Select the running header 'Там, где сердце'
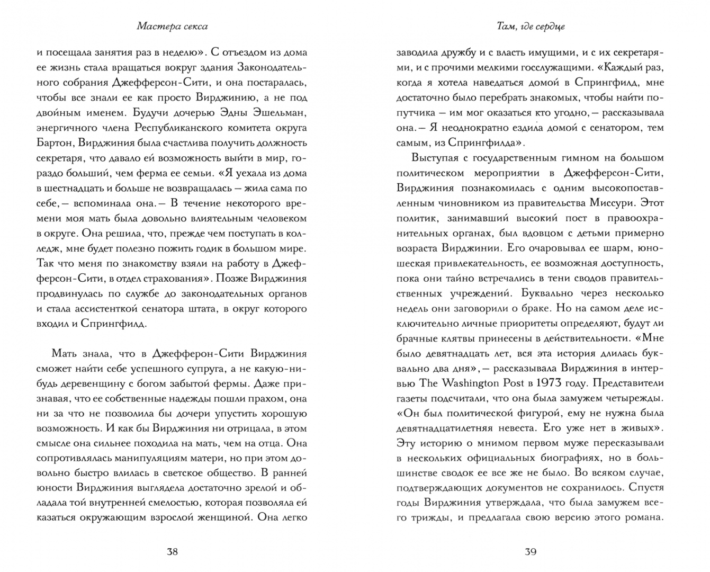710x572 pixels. [x=530, y=26]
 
